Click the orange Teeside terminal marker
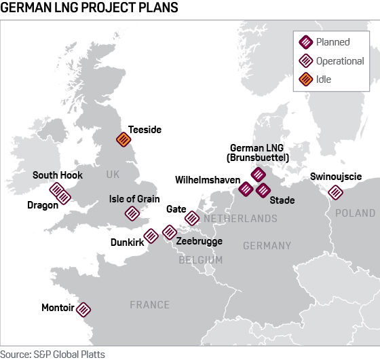[123, 139]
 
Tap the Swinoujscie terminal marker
[335, 193]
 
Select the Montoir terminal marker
[83, 309]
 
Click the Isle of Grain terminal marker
[132, 213]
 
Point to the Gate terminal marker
[192, 218]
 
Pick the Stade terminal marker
[263, 190]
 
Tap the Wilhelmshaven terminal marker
[246, 189]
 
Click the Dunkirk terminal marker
[151, 235]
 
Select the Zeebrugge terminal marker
[170, 232]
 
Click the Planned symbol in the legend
[305, 42]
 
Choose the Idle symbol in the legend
[305, 79]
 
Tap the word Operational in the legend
[340, 61]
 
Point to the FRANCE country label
[149, 305]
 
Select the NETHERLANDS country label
[241, 219]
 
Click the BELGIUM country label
[201, 260]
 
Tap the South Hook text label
[58, 175]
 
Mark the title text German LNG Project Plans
[90, 9]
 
